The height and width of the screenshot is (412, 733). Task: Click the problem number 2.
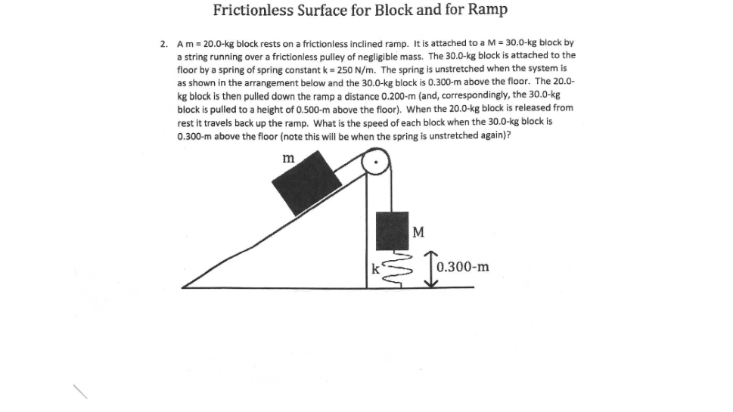(164, 44)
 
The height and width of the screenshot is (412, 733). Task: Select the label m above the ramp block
(288, 158)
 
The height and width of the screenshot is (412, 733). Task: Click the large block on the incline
(306, 182)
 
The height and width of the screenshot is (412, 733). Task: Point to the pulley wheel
(375, 161)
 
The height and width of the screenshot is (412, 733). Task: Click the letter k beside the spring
(374, 267)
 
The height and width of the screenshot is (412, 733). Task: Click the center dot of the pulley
(375, 161)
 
